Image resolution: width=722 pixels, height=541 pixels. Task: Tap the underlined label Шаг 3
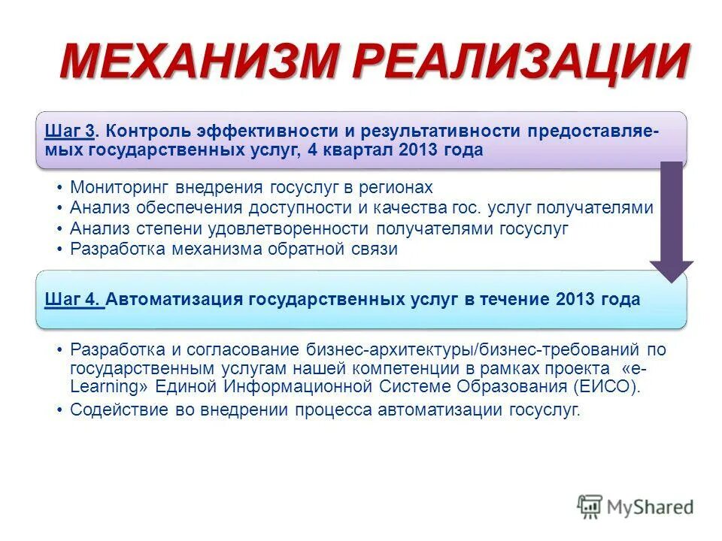click(x=69, y=131)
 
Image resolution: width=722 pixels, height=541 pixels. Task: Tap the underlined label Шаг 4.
click(x=73, y=299)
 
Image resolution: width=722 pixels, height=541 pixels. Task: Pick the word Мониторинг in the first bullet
click(x=114, y=186)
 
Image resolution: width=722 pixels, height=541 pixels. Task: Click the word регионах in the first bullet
click(x=396, y=186)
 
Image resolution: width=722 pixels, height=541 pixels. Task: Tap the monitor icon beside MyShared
click(x=590, y=506)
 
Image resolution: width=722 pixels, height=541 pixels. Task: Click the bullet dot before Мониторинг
click(x=59, y=187)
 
